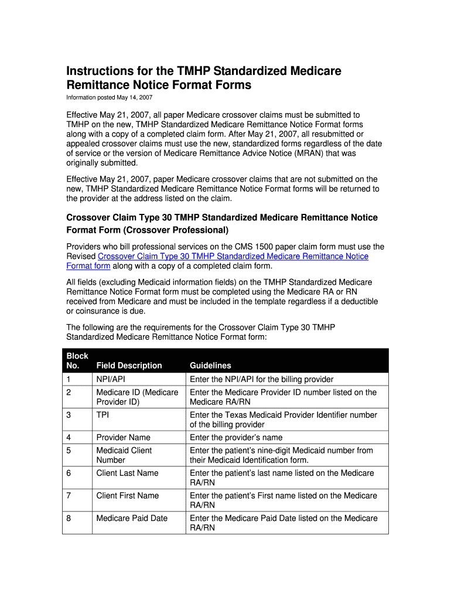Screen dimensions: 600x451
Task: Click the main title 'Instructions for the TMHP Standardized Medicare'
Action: click(x=203, y=71)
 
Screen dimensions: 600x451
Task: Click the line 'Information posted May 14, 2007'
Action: click(x=109, y=97)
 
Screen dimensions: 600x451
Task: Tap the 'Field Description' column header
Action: click(x=129, y=366)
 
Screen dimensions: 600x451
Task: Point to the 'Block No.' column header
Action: click(x=77, y=360)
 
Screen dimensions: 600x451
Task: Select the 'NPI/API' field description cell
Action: click(x=111, y=379)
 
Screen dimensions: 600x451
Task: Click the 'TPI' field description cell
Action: click(x=102, y=415)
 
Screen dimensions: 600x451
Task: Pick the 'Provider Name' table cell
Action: click(x=123, y=437)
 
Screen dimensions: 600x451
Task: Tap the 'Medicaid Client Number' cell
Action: click(x=124, y=455)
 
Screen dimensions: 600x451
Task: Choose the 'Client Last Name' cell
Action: click(x=127, y=473)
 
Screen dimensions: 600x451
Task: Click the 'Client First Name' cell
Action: click(x=127, y=496)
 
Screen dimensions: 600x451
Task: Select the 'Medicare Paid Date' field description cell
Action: click(x=132, y=518)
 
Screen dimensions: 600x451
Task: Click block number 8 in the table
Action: click(x=69, y=518)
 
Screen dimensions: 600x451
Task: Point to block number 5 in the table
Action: click(x=69, y=450)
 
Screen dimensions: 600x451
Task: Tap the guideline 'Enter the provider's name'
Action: click(x=236, y=437)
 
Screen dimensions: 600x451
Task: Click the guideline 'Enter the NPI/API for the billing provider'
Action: click(x=261, y=379)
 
